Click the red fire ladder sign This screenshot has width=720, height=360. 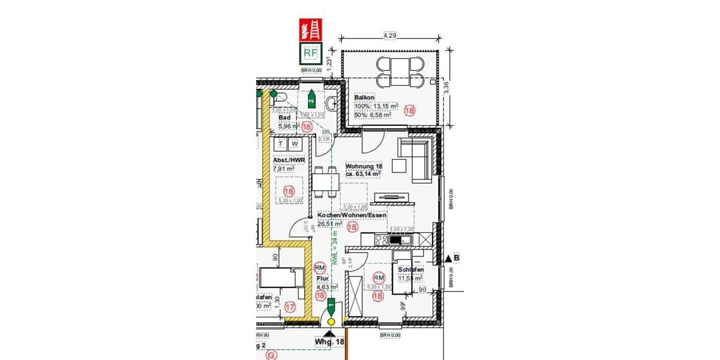click(310, 29)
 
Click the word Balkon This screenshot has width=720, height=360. click(364, 98)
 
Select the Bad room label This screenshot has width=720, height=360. click(284, 118)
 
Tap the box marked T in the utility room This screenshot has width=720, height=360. click(280, 145)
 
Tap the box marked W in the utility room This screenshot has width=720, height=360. click(295, 145)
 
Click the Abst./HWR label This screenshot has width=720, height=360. click(289, 160)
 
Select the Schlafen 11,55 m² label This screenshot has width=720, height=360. click(411, 274)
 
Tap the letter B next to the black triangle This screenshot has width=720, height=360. click(457, 259)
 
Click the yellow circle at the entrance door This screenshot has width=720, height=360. click(331, 322)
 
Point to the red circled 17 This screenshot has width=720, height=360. click(290, 307)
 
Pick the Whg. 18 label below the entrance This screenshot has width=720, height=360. click(330, 342)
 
